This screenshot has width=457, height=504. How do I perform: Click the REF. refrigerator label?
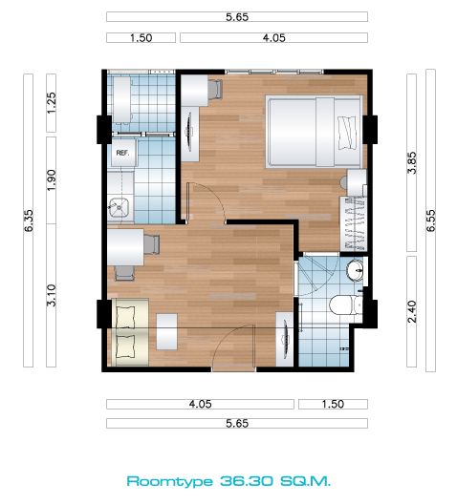coord(122,153)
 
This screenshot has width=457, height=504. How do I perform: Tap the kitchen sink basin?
coord(119,207)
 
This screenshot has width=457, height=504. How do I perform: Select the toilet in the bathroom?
coord(346,304)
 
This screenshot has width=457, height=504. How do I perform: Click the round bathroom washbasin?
coord(355,269)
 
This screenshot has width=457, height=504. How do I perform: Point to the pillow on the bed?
coord(348,133)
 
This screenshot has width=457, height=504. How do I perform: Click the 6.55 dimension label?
coord(430,220)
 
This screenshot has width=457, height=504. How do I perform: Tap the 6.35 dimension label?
coord(29,220)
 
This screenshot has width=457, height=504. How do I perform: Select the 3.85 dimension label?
coord(412,162)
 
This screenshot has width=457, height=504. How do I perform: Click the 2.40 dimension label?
coord(412,311)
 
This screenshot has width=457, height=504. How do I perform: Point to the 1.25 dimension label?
coord(52,102)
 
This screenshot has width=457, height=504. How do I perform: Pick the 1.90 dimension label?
coord(52,180)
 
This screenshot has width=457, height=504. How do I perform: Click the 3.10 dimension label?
coord(52,295)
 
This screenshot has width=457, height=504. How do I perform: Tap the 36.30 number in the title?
coord(248,481)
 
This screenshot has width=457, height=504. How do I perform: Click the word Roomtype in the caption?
coord(170,481)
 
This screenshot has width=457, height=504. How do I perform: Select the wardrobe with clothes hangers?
coord(354,223)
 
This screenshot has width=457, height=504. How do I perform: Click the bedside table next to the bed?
coord(356,182)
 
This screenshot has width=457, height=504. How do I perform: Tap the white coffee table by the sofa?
coord(166,332)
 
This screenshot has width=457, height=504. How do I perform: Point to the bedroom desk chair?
coord(215,89)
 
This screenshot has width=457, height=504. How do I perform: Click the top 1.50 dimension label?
coord(141,38)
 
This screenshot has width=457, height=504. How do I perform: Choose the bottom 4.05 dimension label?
coord(200,404)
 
